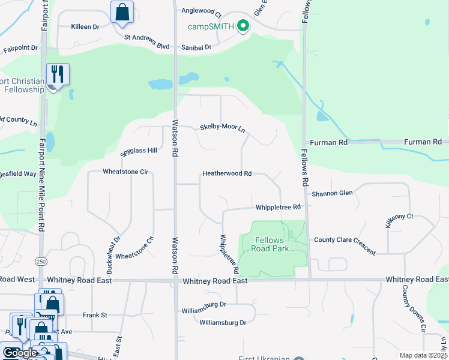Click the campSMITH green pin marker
[243, 26]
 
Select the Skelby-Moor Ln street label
[222, 127]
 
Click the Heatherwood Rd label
[226, 173]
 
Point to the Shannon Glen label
[332, 193]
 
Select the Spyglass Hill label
[139, 150]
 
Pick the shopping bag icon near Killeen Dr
[122, 12]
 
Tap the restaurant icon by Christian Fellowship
[58, 74]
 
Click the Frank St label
[95, 314]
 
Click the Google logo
[20, 353]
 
